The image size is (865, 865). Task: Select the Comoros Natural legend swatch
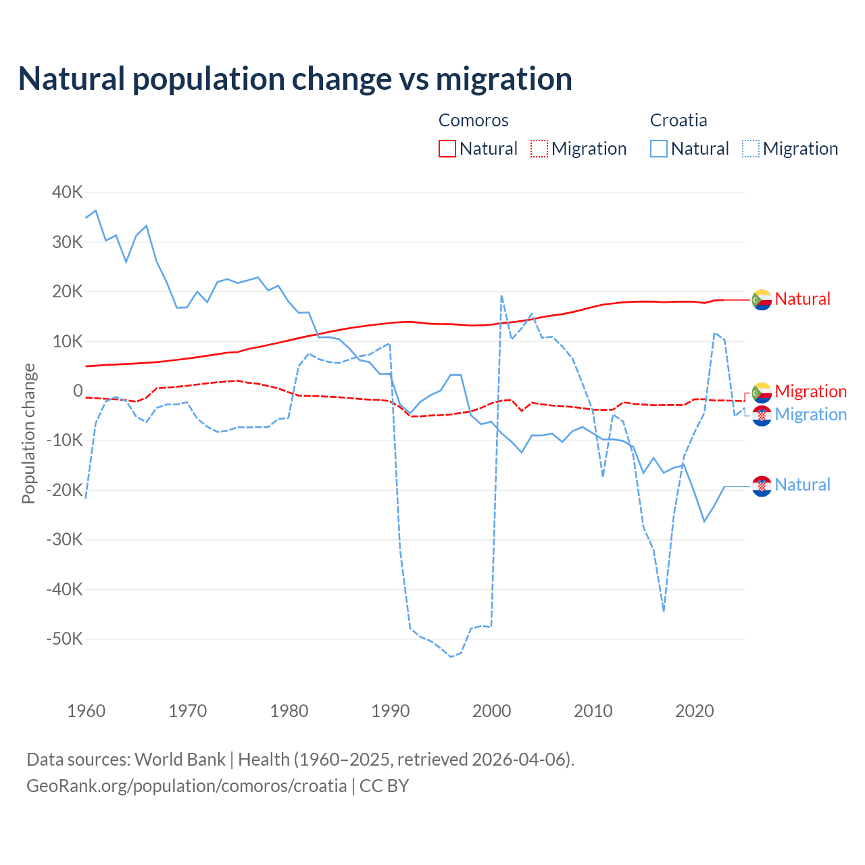(447, 149)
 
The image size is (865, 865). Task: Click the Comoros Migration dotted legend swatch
(539, 149)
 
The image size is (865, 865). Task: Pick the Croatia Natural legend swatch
(659, 149)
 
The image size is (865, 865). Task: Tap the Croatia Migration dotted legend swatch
(751, 149)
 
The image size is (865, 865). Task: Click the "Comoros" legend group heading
(473, 120)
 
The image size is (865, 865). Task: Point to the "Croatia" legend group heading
(678, 120)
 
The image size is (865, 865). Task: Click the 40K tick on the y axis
(67, 193)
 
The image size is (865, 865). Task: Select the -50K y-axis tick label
(64, 639)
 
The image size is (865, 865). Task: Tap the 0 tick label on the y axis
(78, 391)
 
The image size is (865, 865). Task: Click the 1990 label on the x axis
(391, 711)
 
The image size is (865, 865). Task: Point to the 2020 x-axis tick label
(695, 711)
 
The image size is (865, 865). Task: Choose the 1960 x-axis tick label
(86, 711)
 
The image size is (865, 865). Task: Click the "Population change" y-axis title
(28, 433)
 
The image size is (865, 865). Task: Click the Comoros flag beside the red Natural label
(762, 299)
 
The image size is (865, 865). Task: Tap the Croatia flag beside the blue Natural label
(762, 486)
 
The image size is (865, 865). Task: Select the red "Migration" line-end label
(810, 391)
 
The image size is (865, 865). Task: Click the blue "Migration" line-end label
(810, 414)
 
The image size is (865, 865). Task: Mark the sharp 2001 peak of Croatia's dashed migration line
(501, 295)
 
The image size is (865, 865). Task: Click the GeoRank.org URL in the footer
(187, 786)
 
